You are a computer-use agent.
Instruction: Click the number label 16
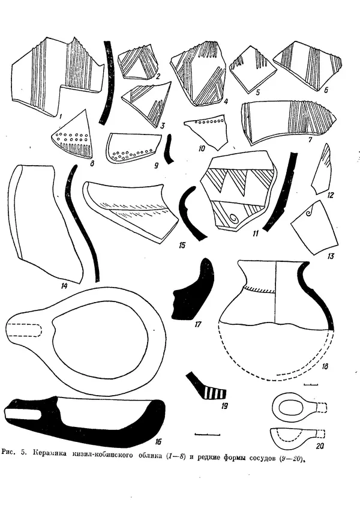158,441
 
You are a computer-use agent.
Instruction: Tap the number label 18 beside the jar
324,367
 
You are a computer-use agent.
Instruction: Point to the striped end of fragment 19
215,392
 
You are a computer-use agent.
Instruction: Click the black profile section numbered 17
192,290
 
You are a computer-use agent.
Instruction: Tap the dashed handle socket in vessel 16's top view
24,330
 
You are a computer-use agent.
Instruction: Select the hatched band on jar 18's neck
260,289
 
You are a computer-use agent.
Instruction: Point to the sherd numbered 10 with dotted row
206,128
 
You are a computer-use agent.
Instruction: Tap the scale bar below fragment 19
208,434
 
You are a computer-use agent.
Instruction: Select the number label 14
64,286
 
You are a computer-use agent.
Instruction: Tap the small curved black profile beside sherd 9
169,149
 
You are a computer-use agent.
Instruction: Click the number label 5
257,92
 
